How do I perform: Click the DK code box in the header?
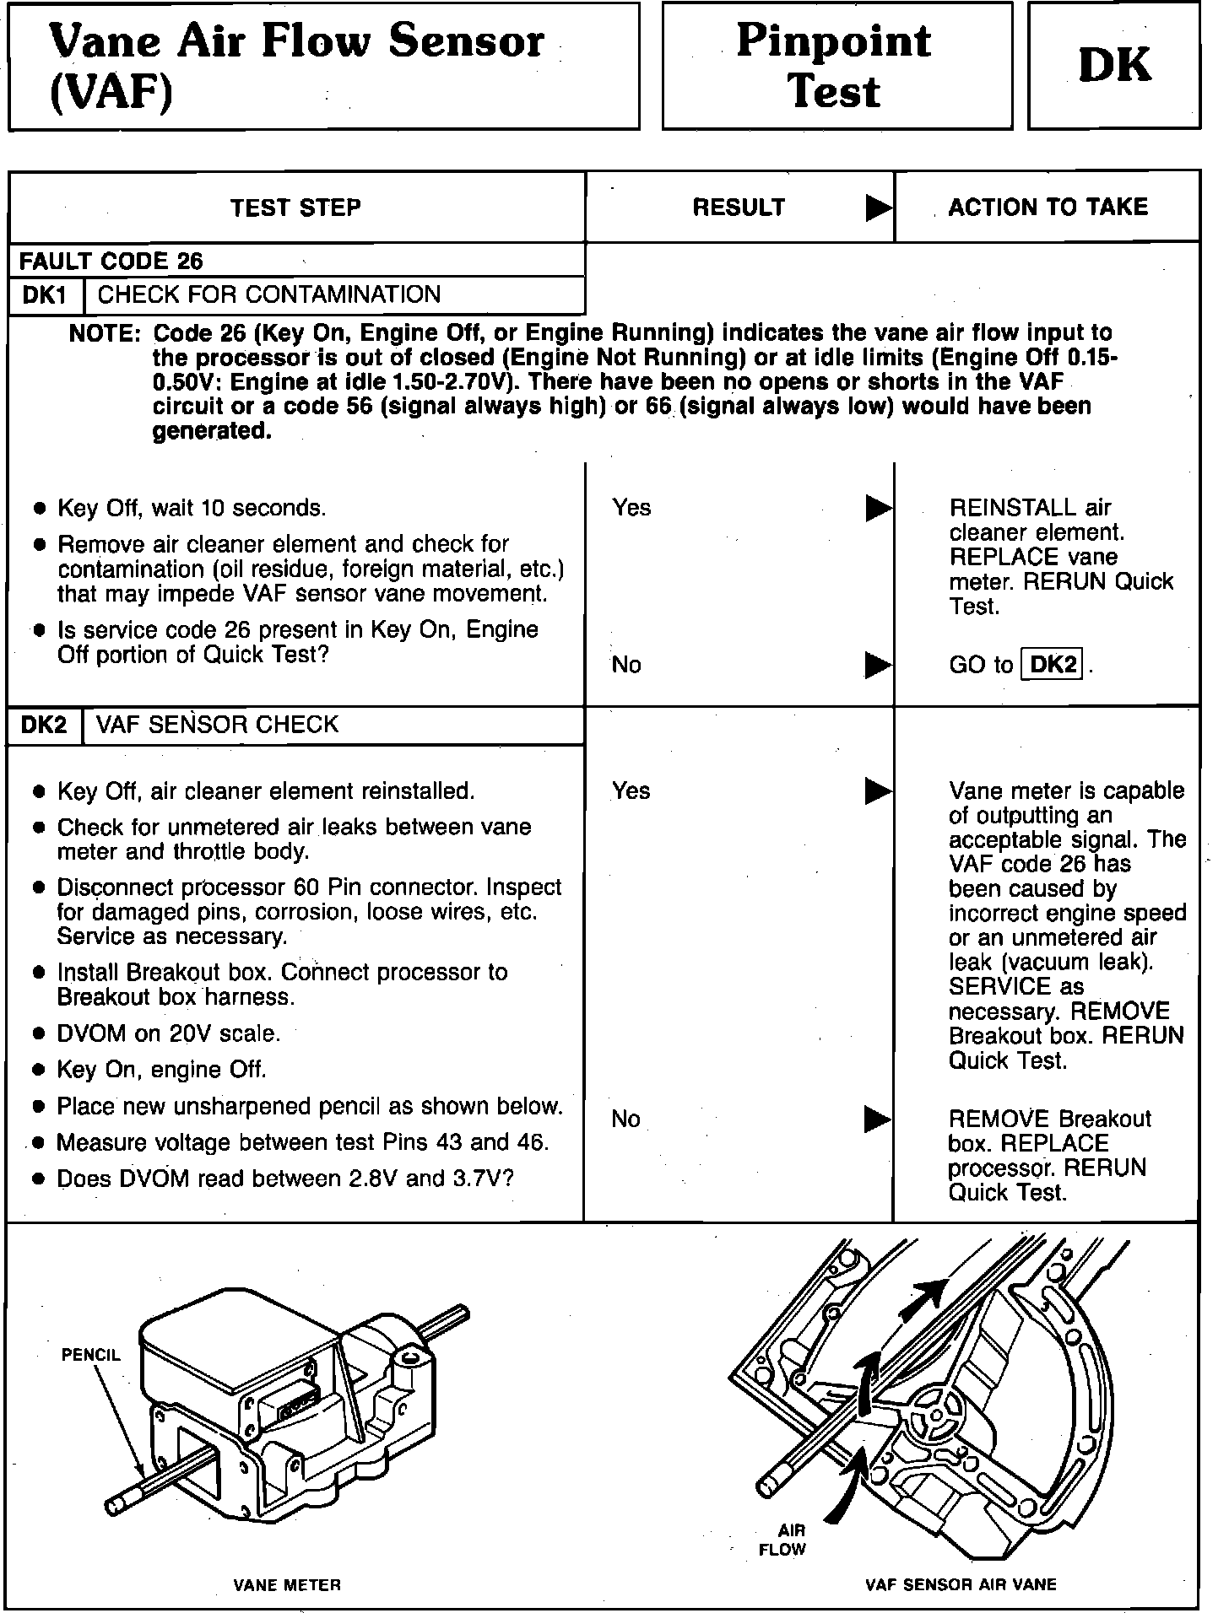1113,66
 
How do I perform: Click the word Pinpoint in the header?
833,40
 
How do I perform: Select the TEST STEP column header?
295,208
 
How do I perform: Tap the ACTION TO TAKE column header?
1048,208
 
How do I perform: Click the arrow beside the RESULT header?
879,208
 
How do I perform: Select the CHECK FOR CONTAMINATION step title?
269,294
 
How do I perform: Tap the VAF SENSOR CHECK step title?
218,725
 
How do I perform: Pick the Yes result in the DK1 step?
631,508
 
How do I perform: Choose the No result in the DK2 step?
625,1119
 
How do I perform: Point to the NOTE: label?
104,334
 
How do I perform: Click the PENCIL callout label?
91,1355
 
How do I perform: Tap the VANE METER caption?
287,1585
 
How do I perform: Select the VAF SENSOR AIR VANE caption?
961,1585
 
